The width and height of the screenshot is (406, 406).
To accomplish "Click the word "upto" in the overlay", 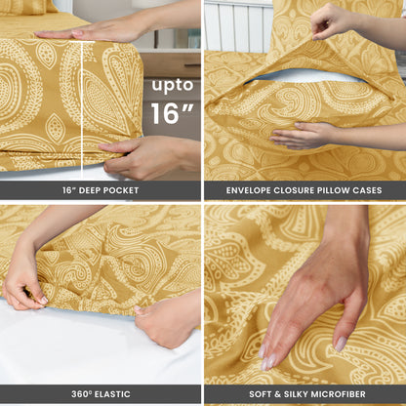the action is coord(173,86).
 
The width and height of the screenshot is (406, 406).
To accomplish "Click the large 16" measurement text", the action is coord(172,113).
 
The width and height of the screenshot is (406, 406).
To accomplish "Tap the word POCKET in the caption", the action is coord(121,190).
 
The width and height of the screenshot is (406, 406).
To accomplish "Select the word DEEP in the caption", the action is coord(89,190).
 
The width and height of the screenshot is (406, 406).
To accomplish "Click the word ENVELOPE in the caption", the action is coord(248,190).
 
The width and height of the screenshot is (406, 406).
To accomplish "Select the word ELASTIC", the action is coord(112,394).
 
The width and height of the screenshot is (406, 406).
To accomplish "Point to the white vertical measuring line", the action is coord(82,110).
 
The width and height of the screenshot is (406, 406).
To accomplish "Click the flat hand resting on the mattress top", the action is coord(95,32).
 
